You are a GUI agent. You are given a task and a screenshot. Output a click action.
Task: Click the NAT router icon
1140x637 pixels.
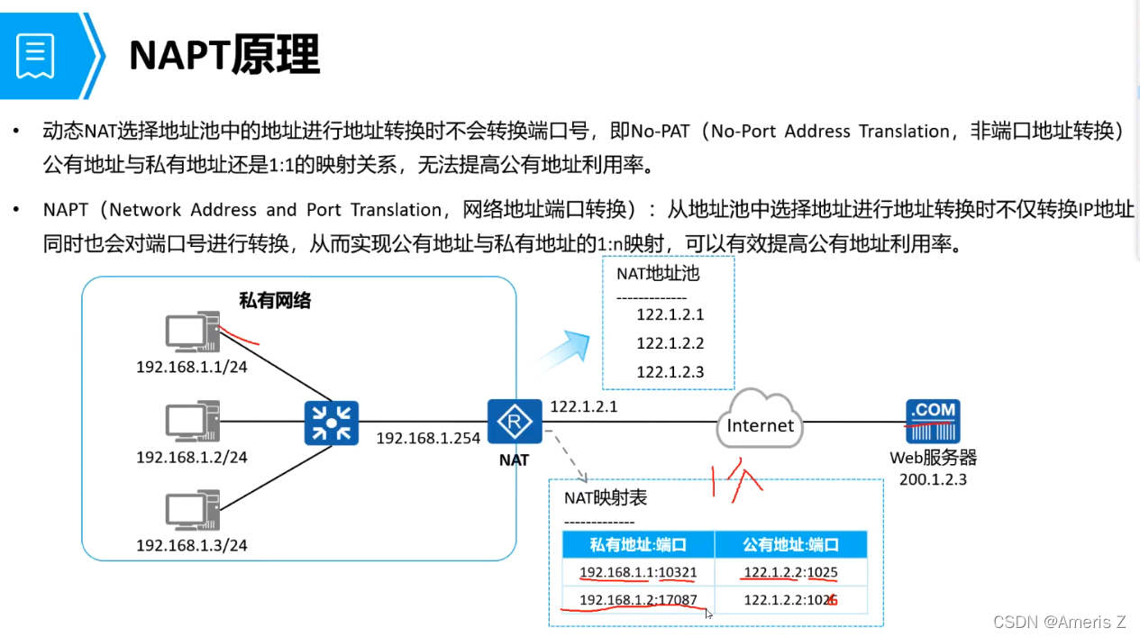[x=514, y=422]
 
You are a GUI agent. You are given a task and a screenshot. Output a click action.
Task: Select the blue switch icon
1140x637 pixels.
[x=332, y=423]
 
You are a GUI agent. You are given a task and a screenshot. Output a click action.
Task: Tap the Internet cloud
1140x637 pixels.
[x=761, y=421]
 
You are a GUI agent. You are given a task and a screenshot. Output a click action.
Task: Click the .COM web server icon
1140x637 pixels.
[x=933, y=421]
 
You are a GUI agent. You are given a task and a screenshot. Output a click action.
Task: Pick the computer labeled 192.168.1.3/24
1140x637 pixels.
[x=192, y=510]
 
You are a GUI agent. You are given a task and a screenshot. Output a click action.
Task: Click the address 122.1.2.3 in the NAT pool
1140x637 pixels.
[x=670, y=371]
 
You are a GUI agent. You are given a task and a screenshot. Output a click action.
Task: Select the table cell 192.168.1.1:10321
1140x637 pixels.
[x=638, y=572]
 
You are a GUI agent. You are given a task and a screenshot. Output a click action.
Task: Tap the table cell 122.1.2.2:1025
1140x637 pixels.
[x=790, y=572]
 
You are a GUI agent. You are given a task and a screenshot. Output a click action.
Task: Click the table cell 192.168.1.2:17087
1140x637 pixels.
[x=638, y=600]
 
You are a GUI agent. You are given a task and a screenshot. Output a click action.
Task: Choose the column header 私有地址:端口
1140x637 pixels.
[x=638, y=544]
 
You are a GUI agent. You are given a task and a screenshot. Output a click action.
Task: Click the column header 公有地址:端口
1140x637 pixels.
[x=790, y=544]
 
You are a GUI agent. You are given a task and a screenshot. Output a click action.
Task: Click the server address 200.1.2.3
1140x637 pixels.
[x=933, y=479]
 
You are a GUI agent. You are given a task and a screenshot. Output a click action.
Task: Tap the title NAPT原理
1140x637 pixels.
[x=224, y=56]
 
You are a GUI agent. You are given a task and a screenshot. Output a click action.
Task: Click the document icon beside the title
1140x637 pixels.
[x=36, y=56]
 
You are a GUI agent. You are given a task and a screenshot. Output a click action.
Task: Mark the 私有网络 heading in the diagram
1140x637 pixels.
[x=275, y=301]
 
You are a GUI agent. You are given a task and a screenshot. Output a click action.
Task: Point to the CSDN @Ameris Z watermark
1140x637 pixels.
[x=1059, y=622]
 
